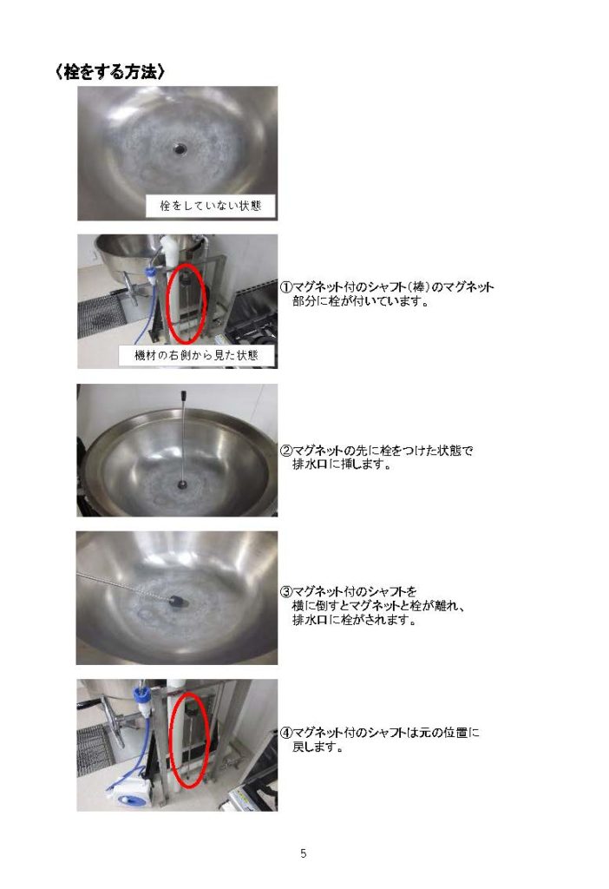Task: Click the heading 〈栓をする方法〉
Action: pos(110,72)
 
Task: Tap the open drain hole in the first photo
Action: pos(180,148)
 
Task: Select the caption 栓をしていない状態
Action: pos(210,205)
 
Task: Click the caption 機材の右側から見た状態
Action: pos(196,355)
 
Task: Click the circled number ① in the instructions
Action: pos(286,286)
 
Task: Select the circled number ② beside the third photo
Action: pos(286,451)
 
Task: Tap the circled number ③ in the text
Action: pos(286,592)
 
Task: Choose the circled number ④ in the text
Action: pos(286,733)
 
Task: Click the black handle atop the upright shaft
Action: pos(184,395)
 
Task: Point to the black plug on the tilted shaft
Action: pos(177,601)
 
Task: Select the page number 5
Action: pos(304,853)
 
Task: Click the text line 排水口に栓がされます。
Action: pos(355,620)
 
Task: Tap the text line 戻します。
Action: pos(318,747)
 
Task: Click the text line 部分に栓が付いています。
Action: pos(360,301)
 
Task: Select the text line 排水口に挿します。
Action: pos(342,465)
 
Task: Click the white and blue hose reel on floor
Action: pos(129,792)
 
